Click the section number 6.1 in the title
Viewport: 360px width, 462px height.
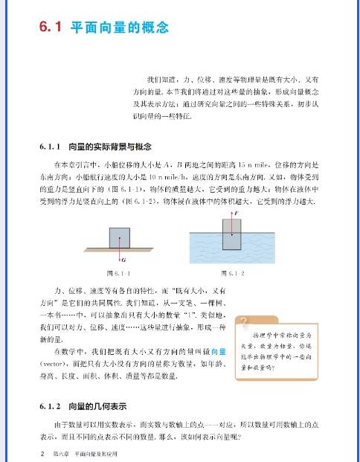coord(51,29)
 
